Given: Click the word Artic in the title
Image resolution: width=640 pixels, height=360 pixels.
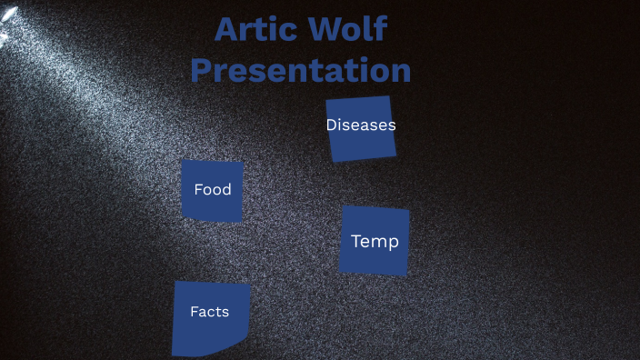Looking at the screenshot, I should [x=257, y=30].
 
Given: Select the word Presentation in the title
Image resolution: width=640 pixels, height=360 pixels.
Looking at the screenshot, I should [x=301, y=71].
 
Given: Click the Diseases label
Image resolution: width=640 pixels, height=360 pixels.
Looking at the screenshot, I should [x=361, y=125].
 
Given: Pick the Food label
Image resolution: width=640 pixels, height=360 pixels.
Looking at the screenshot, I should [x=213, y=190].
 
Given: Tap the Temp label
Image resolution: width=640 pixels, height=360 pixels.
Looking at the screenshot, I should [x=375, y=242].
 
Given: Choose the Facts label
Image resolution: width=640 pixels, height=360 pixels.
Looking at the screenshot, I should [x=209, y=312].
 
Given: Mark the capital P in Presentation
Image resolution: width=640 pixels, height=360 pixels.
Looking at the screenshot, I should [x=203, y=71].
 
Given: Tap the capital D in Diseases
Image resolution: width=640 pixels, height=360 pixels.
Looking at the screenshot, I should [x=332, y=125].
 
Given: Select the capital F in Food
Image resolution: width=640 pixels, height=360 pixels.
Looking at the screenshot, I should [x=198, y=190].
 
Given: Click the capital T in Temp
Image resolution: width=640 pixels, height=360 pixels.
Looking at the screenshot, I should [x=356, y=242].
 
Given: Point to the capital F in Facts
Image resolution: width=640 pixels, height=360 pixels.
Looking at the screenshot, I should [x=194, y=312].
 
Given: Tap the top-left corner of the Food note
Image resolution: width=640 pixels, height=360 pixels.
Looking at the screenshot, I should [x=183, y=161].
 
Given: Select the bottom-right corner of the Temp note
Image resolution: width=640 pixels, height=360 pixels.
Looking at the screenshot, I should [x=405, y=274].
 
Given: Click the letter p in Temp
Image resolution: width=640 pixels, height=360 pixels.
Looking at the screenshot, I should [x=393, y=244].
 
